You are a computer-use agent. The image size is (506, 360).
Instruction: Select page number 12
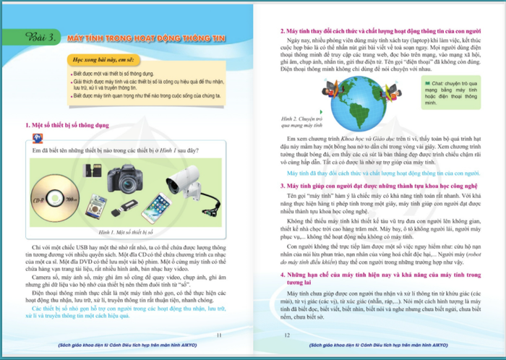point(287,335)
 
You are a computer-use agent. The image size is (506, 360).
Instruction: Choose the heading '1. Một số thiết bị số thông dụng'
point(67,125)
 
